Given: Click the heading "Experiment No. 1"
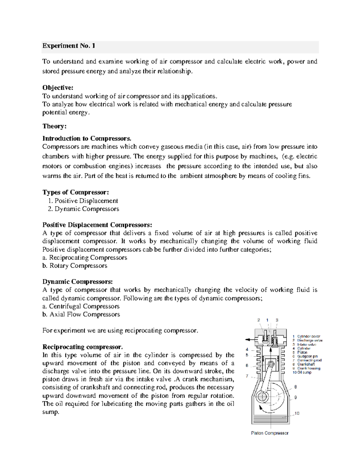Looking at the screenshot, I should pos(69,46).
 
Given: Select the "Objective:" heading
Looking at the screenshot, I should pos(58,88).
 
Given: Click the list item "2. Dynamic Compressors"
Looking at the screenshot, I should pos(83,209).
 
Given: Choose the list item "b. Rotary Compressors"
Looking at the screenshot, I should pos(75,266).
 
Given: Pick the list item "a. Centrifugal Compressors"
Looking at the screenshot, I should pos(81,306).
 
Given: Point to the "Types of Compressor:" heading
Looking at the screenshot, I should pos(76,192).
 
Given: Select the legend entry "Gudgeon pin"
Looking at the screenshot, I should pos(307,356).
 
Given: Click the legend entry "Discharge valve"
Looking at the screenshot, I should pos(310,341).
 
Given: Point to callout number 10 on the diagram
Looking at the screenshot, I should pos(297,413).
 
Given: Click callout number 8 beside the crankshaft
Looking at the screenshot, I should pos(295,387).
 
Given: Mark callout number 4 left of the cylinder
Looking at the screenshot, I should pos(247,349).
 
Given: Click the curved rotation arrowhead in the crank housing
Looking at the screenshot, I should pos(260,407).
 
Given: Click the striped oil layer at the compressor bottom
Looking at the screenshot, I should pos(270,417).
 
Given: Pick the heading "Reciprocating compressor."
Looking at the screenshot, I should pos(82,347).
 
